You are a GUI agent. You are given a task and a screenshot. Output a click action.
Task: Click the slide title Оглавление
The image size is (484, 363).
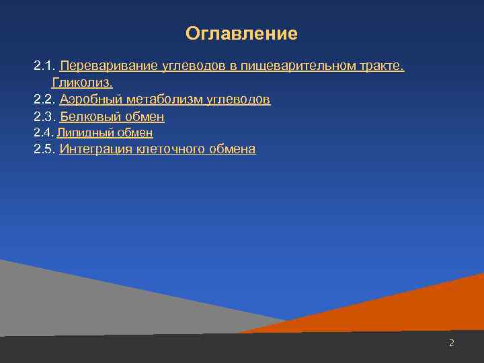(x=241, y=34)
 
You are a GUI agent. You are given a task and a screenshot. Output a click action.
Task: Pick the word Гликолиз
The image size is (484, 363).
(x=82, y=83)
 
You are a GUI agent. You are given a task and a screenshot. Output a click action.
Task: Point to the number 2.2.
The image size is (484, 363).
(x=44, y=99)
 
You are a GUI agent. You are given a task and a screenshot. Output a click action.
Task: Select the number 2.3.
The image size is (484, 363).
(x=44, y=117)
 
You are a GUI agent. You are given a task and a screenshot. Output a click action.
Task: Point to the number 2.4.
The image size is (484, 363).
(x=43, y=133)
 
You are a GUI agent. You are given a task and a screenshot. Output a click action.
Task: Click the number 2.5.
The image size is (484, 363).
(x=44, y=149)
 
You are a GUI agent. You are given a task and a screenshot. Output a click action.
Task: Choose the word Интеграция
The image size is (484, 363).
(x=95, y=149)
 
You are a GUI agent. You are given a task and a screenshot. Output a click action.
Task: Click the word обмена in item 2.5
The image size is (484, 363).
(x=231, y=149)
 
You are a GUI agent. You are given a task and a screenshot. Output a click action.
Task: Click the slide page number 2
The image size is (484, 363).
(x=452, y=343)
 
